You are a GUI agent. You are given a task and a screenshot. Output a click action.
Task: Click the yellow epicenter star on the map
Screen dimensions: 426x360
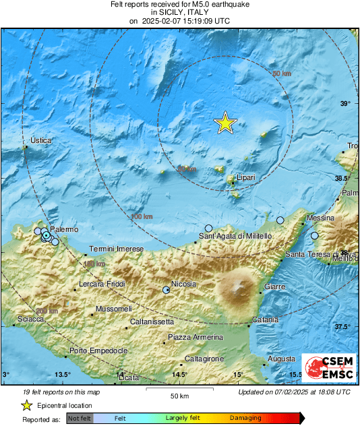pos(225,123)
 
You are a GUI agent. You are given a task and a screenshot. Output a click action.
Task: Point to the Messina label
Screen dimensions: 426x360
pos(320,218)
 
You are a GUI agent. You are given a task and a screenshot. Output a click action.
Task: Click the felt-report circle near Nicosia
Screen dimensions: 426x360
pos(167,290)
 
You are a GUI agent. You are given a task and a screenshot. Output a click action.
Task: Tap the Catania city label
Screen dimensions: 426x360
pos(265,319)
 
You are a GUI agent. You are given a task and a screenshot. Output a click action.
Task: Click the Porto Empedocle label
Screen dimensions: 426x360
pos(98,351)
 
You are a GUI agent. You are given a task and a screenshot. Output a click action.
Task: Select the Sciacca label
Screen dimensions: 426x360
pos(30,318)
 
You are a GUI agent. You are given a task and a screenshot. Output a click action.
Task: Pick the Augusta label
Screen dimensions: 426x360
pos(281,359)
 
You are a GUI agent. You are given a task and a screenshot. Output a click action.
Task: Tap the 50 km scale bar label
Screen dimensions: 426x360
pos(179,395)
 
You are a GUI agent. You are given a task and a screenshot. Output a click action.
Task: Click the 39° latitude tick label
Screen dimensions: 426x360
pos(345,103)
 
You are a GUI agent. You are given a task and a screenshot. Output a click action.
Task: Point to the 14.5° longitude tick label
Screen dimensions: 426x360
pos(179,375)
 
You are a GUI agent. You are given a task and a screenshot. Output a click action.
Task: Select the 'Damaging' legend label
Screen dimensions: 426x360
pos(245,419)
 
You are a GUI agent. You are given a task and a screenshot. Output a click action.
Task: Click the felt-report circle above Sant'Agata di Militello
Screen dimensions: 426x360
pos(209,229)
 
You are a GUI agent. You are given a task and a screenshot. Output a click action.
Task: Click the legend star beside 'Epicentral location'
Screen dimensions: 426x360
pos(26,405)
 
